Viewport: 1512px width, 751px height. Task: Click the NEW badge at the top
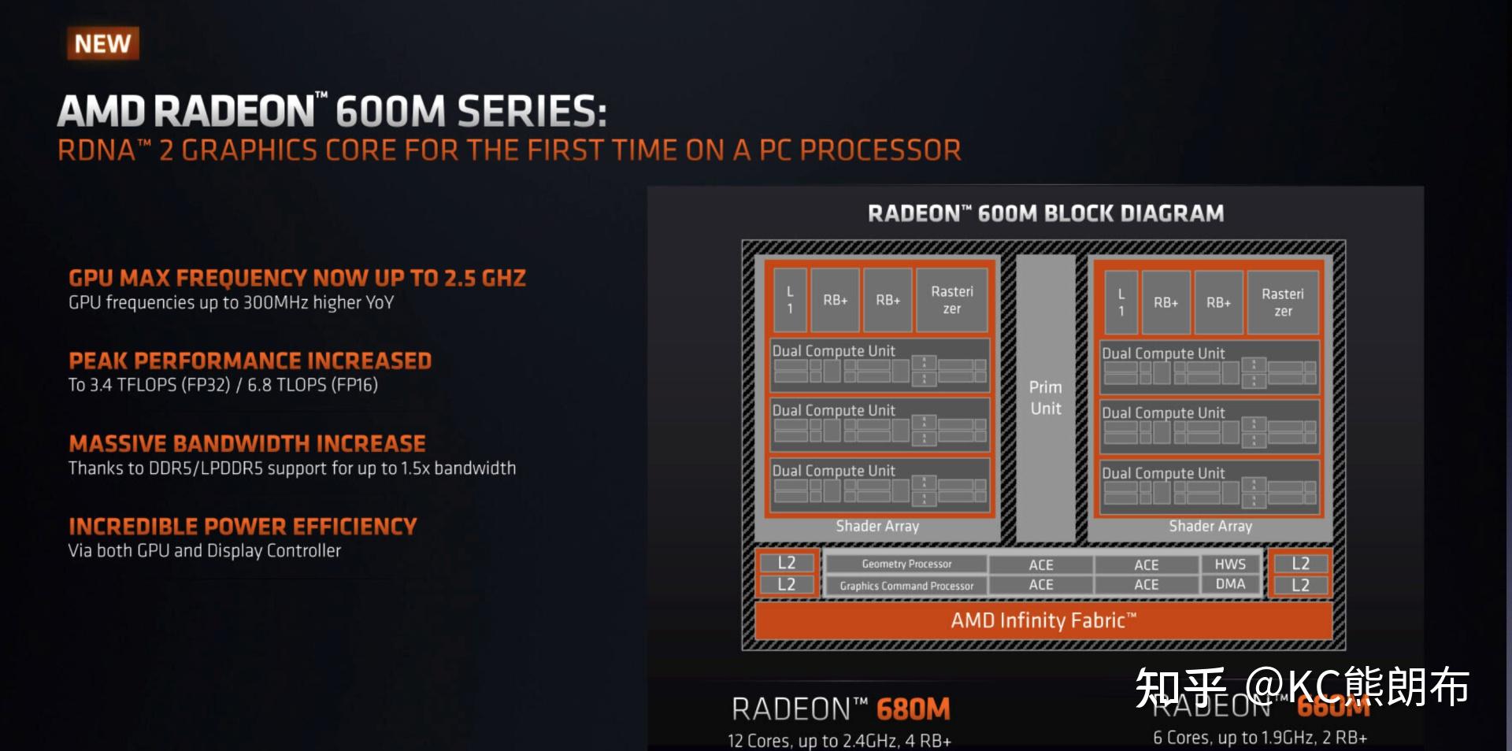click(103, 44)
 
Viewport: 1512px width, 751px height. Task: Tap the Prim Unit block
click(1046, 398)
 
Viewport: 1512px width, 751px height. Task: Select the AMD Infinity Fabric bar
click(1043, 620)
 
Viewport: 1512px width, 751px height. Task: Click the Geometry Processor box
click(906, 564)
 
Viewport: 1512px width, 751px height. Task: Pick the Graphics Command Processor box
click(906, 586)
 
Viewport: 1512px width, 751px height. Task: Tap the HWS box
click(1230, 564)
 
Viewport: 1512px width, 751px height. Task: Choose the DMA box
click(1230, 584)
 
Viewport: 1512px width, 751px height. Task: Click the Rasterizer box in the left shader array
click(952, 300)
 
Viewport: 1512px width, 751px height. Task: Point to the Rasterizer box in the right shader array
click(1283, 302)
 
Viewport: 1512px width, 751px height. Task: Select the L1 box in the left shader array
click(790, 300)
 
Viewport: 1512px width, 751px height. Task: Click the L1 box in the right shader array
click(1121, 302)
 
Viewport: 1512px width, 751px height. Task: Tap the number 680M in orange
click(913, 709)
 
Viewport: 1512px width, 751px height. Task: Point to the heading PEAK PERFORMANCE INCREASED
click(250, 361)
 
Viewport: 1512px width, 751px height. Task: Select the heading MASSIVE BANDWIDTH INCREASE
click(247, 443)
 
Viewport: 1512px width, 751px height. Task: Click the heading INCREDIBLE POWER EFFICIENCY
click(243, 526)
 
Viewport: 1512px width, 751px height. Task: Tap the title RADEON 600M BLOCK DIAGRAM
click(1046, 213)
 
